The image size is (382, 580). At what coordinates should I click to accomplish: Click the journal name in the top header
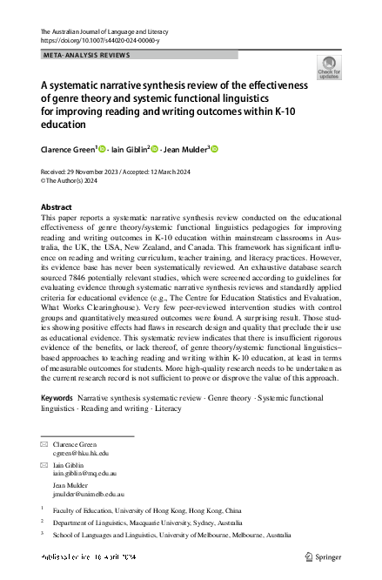pos(109,31)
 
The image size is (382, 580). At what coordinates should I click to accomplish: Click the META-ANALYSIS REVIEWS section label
pos(86,54)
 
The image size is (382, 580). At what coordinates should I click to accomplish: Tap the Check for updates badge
pos(330,67)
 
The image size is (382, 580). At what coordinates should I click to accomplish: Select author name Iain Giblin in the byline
pos(128,150)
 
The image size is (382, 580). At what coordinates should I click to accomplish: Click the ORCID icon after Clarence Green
pos(101,150)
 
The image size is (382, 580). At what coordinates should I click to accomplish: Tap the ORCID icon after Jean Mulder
pos(215,150)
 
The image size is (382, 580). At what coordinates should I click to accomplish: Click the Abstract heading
pos(57,207)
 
